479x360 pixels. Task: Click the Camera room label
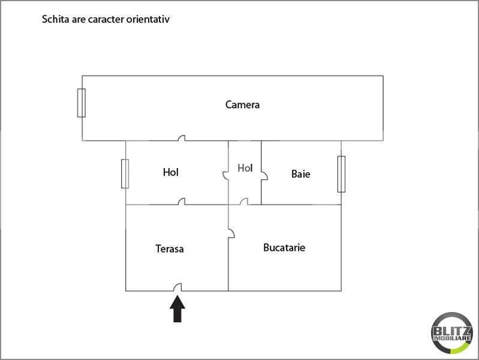point(242,104)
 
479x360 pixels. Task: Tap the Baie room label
point(300,174)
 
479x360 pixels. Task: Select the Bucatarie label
point(284,247)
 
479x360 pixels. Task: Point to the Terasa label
point(170,248)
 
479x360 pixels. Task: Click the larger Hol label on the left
point(170,172)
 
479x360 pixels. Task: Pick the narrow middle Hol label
point(245,168)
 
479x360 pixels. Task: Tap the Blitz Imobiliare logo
point(451,333)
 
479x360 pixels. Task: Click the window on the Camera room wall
point(82,103)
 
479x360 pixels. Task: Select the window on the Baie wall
point(341,174)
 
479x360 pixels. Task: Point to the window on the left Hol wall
point(125,174)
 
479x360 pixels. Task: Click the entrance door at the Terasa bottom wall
point(177,287)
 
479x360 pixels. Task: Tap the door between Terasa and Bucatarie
point(231,233)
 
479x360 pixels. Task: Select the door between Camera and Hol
point(182,138)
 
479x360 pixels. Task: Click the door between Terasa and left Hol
point(182,201)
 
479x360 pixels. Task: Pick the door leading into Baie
point(264,176)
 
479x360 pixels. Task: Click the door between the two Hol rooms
point(225,176)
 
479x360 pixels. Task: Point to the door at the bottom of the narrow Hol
point(244,201)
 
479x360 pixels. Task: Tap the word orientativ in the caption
point(148,19)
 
